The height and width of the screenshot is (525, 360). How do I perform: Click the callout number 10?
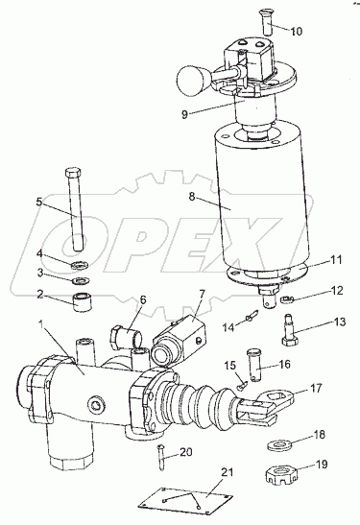pos(296,31)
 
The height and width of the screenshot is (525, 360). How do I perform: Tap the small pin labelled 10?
pos(267,22)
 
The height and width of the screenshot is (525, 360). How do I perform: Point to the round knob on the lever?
pos(191,79)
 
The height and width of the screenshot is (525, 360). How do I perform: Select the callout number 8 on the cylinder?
pos(191,196)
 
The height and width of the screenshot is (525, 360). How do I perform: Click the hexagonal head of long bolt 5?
pos(73,173)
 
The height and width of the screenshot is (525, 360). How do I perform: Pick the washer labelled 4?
pos(80,266)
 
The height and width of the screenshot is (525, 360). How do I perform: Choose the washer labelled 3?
pos(80,279)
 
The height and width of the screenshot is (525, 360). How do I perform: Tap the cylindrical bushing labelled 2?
pos(83,301)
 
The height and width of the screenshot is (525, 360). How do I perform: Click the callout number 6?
pos(143,299)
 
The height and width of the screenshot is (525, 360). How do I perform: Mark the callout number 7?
pos(202,295)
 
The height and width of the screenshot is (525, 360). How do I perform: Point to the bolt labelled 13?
pos(289,329)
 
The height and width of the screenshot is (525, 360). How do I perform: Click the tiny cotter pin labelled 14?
pos(252,316)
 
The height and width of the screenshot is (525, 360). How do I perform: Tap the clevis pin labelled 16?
pos(253,365)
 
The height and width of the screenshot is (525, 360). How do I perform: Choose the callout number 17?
pos(315,388)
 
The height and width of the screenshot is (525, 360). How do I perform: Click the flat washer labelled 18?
pos(280,445)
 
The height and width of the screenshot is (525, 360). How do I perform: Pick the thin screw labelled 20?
pos(161,457)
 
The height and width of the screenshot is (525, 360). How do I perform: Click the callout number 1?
pos(41,324)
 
